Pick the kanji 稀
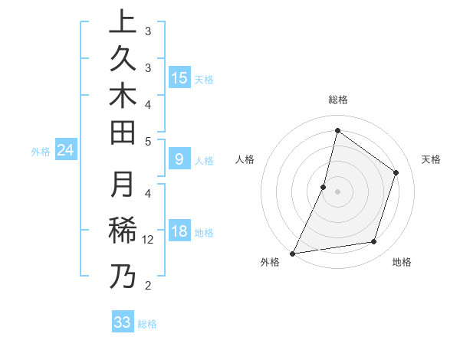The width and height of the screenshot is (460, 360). [123, 231]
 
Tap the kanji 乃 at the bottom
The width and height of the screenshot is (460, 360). [123, 276]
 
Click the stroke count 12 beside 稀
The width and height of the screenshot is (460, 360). [148, 240]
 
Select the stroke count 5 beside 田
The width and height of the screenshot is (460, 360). [148, 141]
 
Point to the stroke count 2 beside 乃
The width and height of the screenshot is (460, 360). [148, 286]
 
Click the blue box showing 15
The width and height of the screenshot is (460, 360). [179, 78]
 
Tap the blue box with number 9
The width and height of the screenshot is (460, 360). [179, 159]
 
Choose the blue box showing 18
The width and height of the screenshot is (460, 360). [179, 232]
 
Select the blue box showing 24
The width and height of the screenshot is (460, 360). [66, 151]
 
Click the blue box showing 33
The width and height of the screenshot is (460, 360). [123, 322]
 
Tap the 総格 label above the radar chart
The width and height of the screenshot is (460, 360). [337, 100]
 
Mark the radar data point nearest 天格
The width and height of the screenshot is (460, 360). [396, 172]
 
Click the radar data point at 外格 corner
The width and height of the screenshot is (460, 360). [292, 254]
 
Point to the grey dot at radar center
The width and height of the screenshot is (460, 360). [337, 191]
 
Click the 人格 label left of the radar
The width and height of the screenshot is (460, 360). [245, 159]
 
